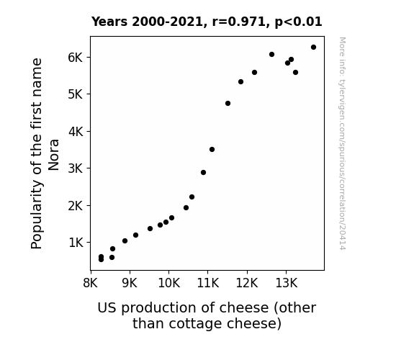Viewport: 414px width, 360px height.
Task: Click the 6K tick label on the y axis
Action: coord(76,58)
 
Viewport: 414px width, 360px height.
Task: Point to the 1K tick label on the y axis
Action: coord(76,243)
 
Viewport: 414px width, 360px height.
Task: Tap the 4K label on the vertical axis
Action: coord(76,131)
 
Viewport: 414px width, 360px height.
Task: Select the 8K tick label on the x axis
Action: coord(91,283)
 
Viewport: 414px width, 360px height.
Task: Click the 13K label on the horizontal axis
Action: coord(287,283)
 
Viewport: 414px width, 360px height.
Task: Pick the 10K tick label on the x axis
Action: coord(169,283)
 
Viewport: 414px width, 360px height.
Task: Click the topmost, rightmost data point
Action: coord(313,48)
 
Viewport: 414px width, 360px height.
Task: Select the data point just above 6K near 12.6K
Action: coord(271,55)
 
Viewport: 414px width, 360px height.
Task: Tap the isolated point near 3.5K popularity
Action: coord(212,150)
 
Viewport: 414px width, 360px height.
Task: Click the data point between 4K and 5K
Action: coord(228,103)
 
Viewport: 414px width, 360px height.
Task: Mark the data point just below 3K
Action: coord(203,173)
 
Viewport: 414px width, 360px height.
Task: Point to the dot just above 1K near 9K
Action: coord(125,241)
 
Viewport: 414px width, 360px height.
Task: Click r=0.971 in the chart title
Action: coord(239,22)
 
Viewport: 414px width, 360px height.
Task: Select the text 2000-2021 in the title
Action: coord(167,22)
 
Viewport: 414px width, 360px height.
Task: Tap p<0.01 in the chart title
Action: coord(298,22)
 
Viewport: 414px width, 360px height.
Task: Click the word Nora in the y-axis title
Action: coord(53,155)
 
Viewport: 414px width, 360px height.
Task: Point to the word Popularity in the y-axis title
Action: coord(37,215)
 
